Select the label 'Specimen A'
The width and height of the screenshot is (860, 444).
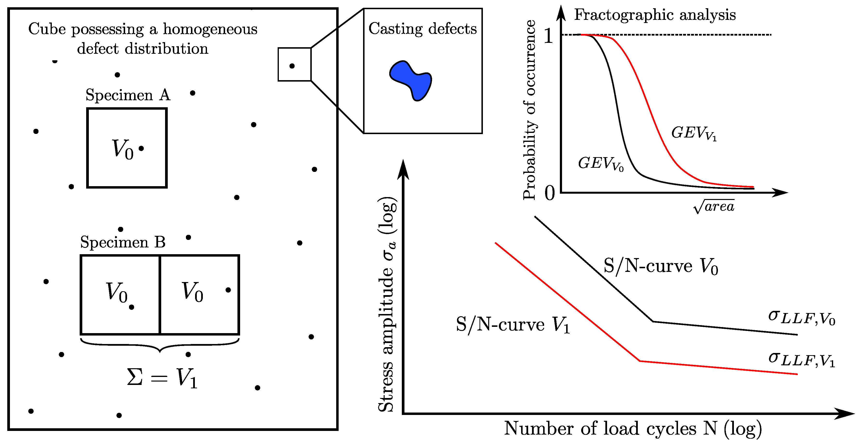click(128, 95)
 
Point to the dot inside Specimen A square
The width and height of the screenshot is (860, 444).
click(141, 148)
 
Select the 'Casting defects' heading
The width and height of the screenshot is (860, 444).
click(422, 29)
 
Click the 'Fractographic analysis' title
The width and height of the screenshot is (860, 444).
click(655, 15)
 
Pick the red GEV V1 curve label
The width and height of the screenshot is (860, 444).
click(694, 133)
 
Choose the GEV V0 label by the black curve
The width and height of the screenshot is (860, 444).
click(601, 164)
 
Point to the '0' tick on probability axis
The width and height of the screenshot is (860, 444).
click(549, 193)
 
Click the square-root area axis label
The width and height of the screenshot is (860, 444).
click(714, 206)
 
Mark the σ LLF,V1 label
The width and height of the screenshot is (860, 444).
click(801, 360)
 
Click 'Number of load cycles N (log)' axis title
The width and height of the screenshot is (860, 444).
click(633, 428)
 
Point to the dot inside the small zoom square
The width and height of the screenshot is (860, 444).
click(292, 66)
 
